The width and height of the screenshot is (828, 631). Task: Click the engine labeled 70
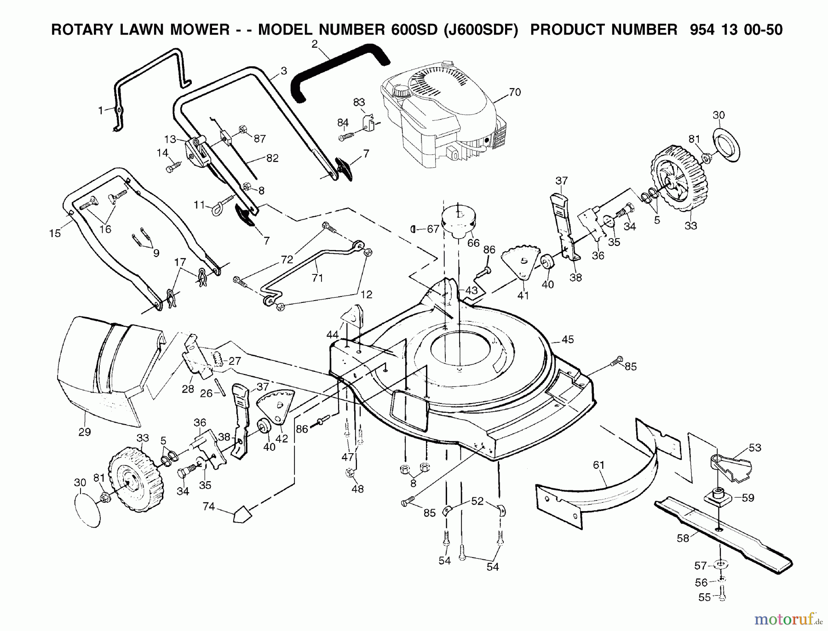click(442, 115)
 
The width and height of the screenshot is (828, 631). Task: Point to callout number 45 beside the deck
click(568, 340)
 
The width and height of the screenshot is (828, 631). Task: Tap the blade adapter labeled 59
click(718, 498)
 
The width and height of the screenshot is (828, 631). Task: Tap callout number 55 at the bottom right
click(704, 597)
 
